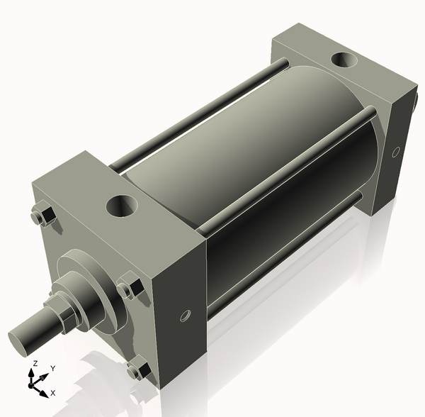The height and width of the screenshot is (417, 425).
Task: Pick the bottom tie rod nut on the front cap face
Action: tap(137, 369)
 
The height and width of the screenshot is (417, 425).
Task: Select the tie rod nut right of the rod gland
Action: tap(129, 287)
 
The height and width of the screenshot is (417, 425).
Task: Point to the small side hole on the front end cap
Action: tap(186, 314)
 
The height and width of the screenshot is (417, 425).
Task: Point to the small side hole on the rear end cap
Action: tap(395, 151)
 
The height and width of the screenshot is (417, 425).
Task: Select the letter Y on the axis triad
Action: tap(52, 369)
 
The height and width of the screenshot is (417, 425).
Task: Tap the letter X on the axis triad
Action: tap(52, 392)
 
